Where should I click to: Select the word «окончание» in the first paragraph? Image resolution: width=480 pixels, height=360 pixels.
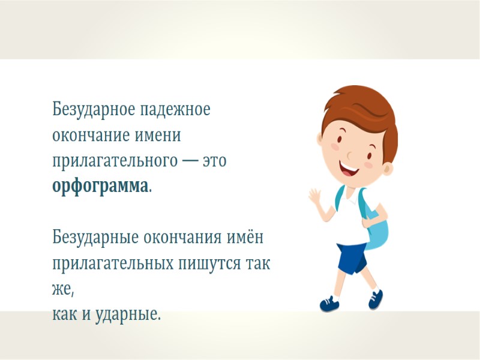click(x=89, y=136)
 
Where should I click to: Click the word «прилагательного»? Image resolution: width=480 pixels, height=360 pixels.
click(x=114, y=161)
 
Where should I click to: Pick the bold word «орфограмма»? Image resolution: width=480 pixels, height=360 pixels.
click(x=100, y=187)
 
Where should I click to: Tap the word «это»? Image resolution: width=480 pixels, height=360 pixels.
click(x=214, y=161)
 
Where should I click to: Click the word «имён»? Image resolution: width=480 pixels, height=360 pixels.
click(x=245, y=238)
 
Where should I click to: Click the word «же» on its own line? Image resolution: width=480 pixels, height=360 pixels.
click(x=62, y=289)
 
